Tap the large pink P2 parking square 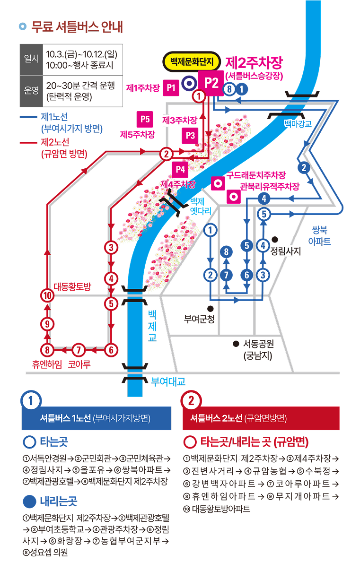tap(211, 83)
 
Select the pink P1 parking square tap(171, 87)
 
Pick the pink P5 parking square tap(144, 119)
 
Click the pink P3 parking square tap(190, 135)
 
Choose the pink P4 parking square tap(180, 169)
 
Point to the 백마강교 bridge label tap(298, 124)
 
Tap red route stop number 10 tap(47, 296)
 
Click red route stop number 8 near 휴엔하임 tap(47, 350)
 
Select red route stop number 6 tap(111, 350)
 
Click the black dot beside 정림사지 tap(274, 240)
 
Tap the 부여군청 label tap(199, 319)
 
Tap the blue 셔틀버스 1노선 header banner tap(97, 418)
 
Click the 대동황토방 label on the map tap(72, 286)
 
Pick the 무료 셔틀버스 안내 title tap(77, 27)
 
